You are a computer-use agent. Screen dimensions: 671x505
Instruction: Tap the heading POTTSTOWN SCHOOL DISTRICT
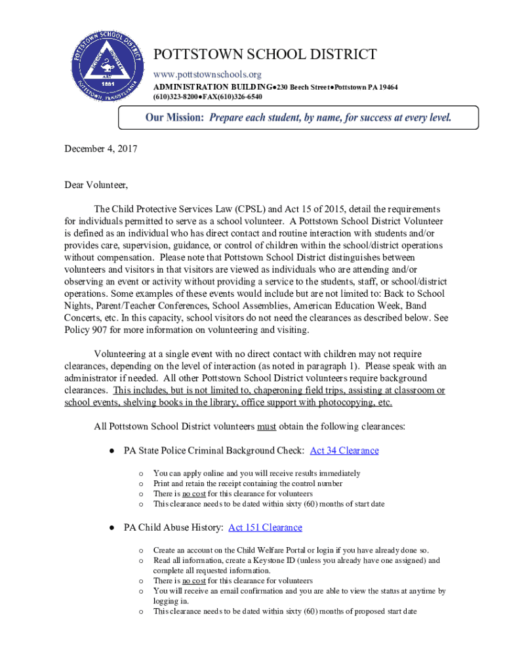click(265, 55)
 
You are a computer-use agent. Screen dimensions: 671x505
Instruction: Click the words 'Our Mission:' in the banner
click(174, 118)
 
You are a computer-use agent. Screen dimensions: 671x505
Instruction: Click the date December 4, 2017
click(100, 149)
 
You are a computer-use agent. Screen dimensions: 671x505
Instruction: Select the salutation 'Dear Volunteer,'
click(96, 185)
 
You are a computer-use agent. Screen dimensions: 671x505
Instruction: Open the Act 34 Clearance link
click(344, 451)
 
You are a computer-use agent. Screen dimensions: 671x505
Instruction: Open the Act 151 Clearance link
click(265, 527)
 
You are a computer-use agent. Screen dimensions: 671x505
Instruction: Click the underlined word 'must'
click(266, 427)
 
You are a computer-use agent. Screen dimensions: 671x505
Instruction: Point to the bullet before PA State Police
click(113, 451)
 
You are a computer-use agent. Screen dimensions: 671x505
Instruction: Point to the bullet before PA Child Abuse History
click(113, 527)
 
